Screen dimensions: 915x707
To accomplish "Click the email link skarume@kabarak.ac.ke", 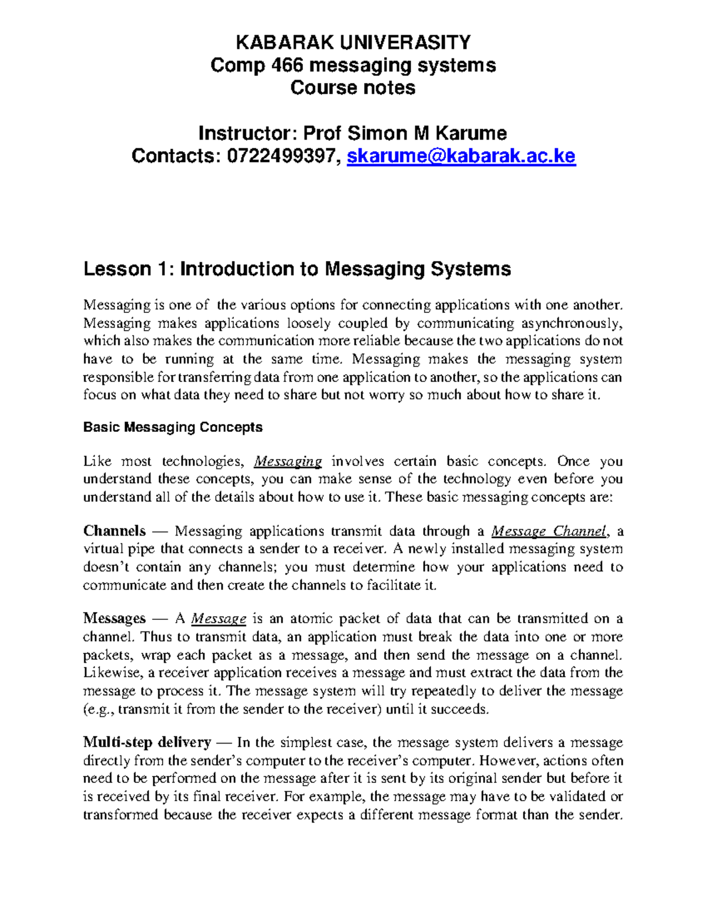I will pyautogui.click(x=461, y=156).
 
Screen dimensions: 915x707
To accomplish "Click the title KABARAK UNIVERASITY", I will pyautogui.click(x=353, y=42).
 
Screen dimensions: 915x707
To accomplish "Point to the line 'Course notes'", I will pyautogui.click(x=353, y=88).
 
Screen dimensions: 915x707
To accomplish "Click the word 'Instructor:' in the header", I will pyautogui.click(x=248, y=133).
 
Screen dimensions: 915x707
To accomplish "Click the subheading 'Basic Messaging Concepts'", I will pyautogui.click(x=173, y=427).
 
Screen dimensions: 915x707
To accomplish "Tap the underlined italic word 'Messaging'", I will pyautogui.click(x=288, y=461).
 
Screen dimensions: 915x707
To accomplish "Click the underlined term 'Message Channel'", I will pyautogui.click(x=549, y=531).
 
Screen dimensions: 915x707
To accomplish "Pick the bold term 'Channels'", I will pyautogui.click(x=114, y=531).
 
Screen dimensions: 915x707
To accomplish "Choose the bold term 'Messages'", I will pyautogui.click(x=114, y=619).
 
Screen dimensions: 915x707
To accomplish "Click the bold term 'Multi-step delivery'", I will pyautogui.click(x=147, y=742).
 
